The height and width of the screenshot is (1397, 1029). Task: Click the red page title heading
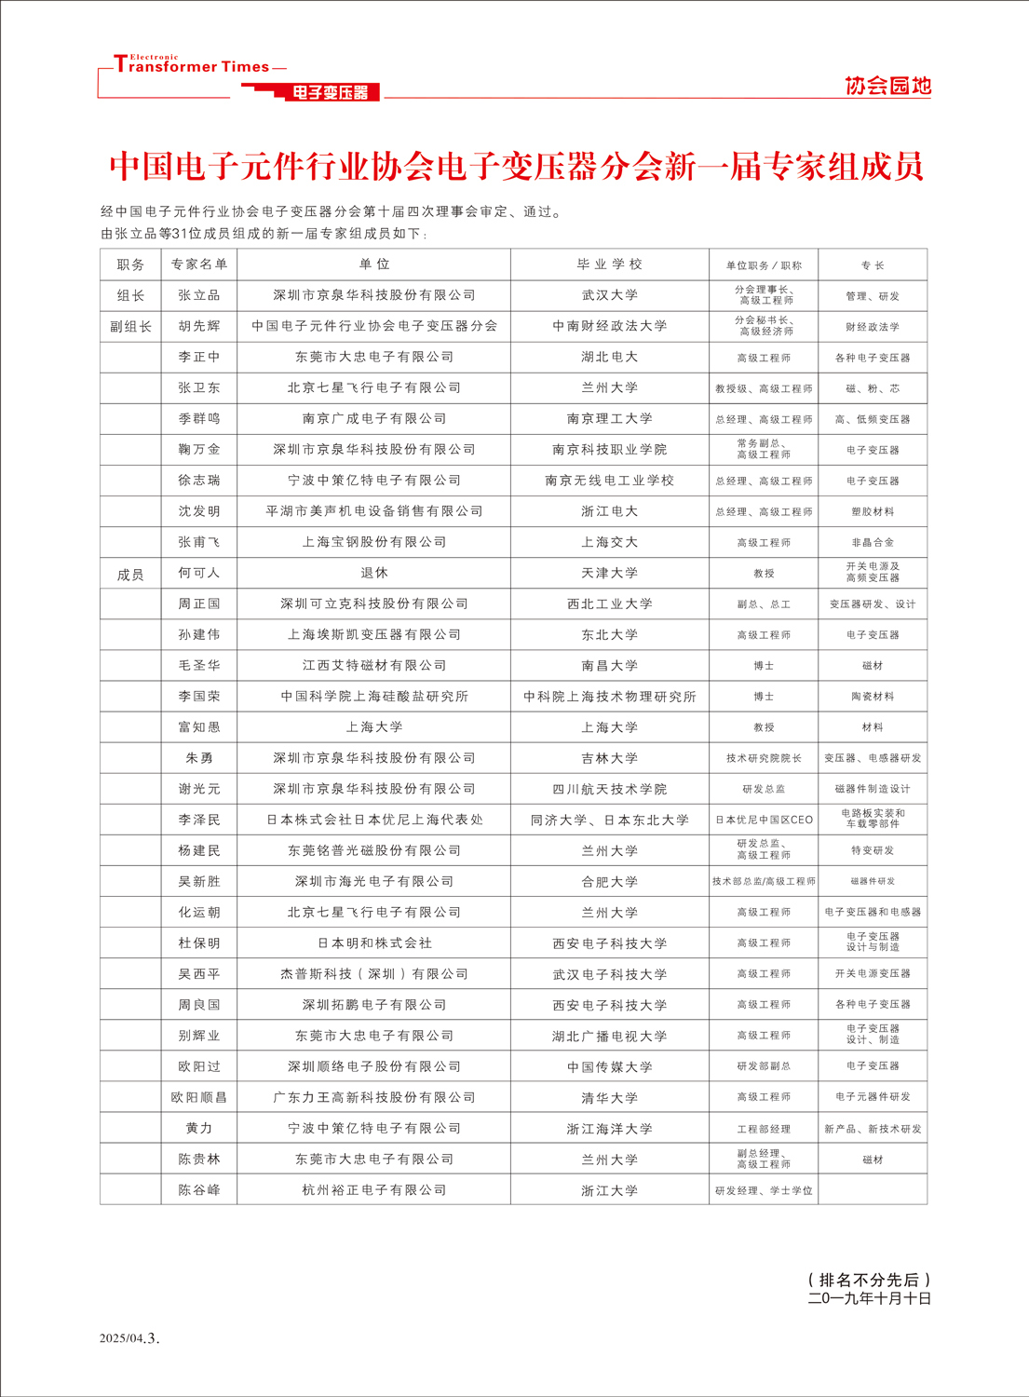pyautogui.click(x=516, y=167)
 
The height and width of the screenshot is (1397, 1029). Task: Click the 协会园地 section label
pyautogui.click(x=887, y=86)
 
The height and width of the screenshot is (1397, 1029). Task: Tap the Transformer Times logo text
pyautogui.click(x=192, y=66)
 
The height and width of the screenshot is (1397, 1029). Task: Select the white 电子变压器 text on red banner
pyautogui.click(x=331, y=92)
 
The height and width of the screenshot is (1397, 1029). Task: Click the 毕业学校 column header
pyautogui.click(x=609, y=264)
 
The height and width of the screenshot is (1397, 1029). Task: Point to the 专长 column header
pyautogui.click(x=873, y=265)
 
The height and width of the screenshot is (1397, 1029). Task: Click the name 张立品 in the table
pyautogui.click(x=199, y=295)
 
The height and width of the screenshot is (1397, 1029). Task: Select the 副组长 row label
pyautogui.click(x=130, y=326)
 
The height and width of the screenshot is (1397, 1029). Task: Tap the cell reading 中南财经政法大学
pyautogui.click(x=609, y=326)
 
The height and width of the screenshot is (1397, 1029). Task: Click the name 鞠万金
pyautogui.click(x=199, y=449)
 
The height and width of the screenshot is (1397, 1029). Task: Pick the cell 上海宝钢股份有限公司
pyautogui.click(x=374, y=542)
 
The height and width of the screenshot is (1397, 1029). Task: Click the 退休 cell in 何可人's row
pyautogui.click(x=374, y=573)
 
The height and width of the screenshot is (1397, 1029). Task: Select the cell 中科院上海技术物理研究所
pyautogui.click(x=609, y=697)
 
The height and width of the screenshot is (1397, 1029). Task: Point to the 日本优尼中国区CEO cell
pyautogui.click(x=764, y=820)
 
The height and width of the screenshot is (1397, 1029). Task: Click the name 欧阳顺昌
pyautogui.click(x=199, y=1097)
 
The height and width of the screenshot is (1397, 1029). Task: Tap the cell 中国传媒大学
pyautogui.click(x=609, y=1066)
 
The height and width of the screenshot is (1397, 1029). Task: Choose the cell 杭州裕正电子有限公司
pyautogui.click(x=374, y=1190)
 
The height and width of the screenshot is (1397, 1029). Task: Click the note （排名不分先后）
pyautogui.click(x=869, y=1280)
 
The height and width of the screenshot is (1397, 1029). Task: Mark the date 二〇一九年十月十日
pyautogui.click(x=869, y=1298)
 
